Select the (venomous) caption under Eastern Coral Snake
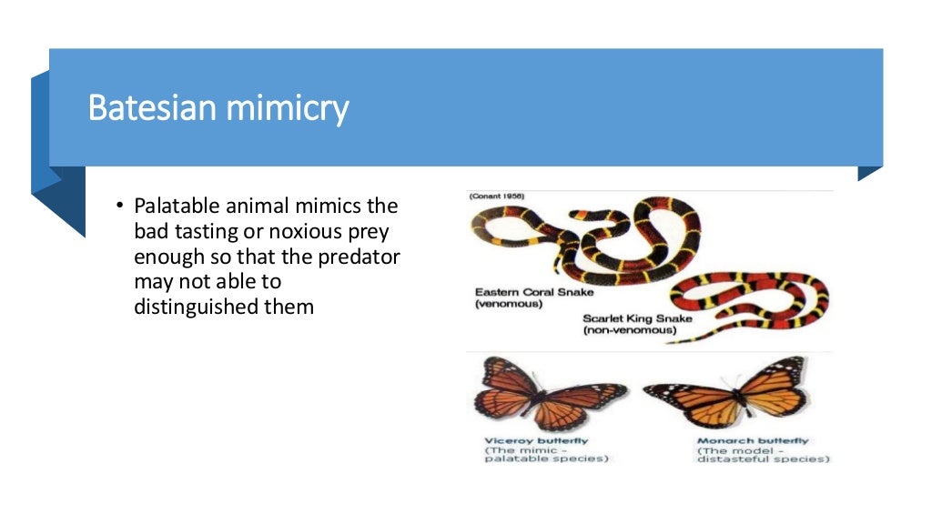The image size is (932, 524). pos(509,304)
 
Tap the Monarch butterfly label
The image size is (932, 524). pos(752,441)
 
